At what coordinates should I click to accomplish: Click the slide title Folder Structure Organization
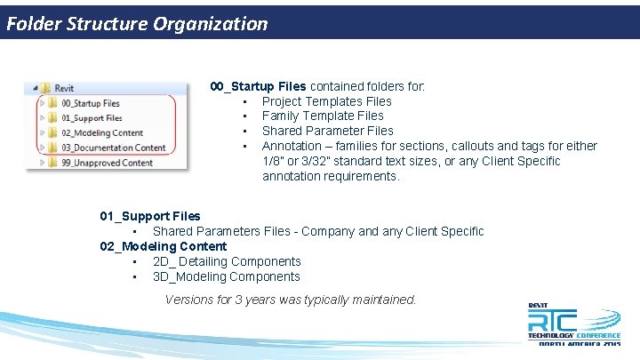137,24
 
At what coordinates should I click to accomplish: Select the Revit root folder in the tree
64,88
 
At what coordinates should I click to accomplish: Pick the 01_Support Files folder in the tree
92,117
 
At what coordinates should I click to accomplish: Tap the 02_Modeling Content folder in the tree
101,132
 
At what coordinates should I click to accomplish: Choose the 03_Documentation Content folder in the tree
113,148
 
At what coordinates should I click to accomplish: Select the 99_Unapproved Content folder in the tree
107,163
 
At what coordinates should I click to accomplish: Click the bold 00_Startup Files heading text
258,86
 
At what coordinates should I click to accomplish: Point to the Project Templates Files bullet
326,101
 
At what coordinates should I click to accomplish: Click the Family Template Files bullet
323,116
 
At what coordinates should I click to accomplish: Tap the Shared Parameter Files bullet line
327,131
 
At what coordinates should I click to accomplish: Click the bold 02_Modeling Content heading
164,246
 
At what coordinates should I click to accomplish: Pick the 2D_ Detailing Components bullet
227,261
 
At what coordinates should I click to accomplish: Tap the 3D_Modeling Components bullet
227,276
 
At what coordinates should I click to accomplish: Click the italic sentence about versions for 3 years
291,300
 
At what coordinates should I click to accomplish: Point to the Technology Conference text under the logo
573,335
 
